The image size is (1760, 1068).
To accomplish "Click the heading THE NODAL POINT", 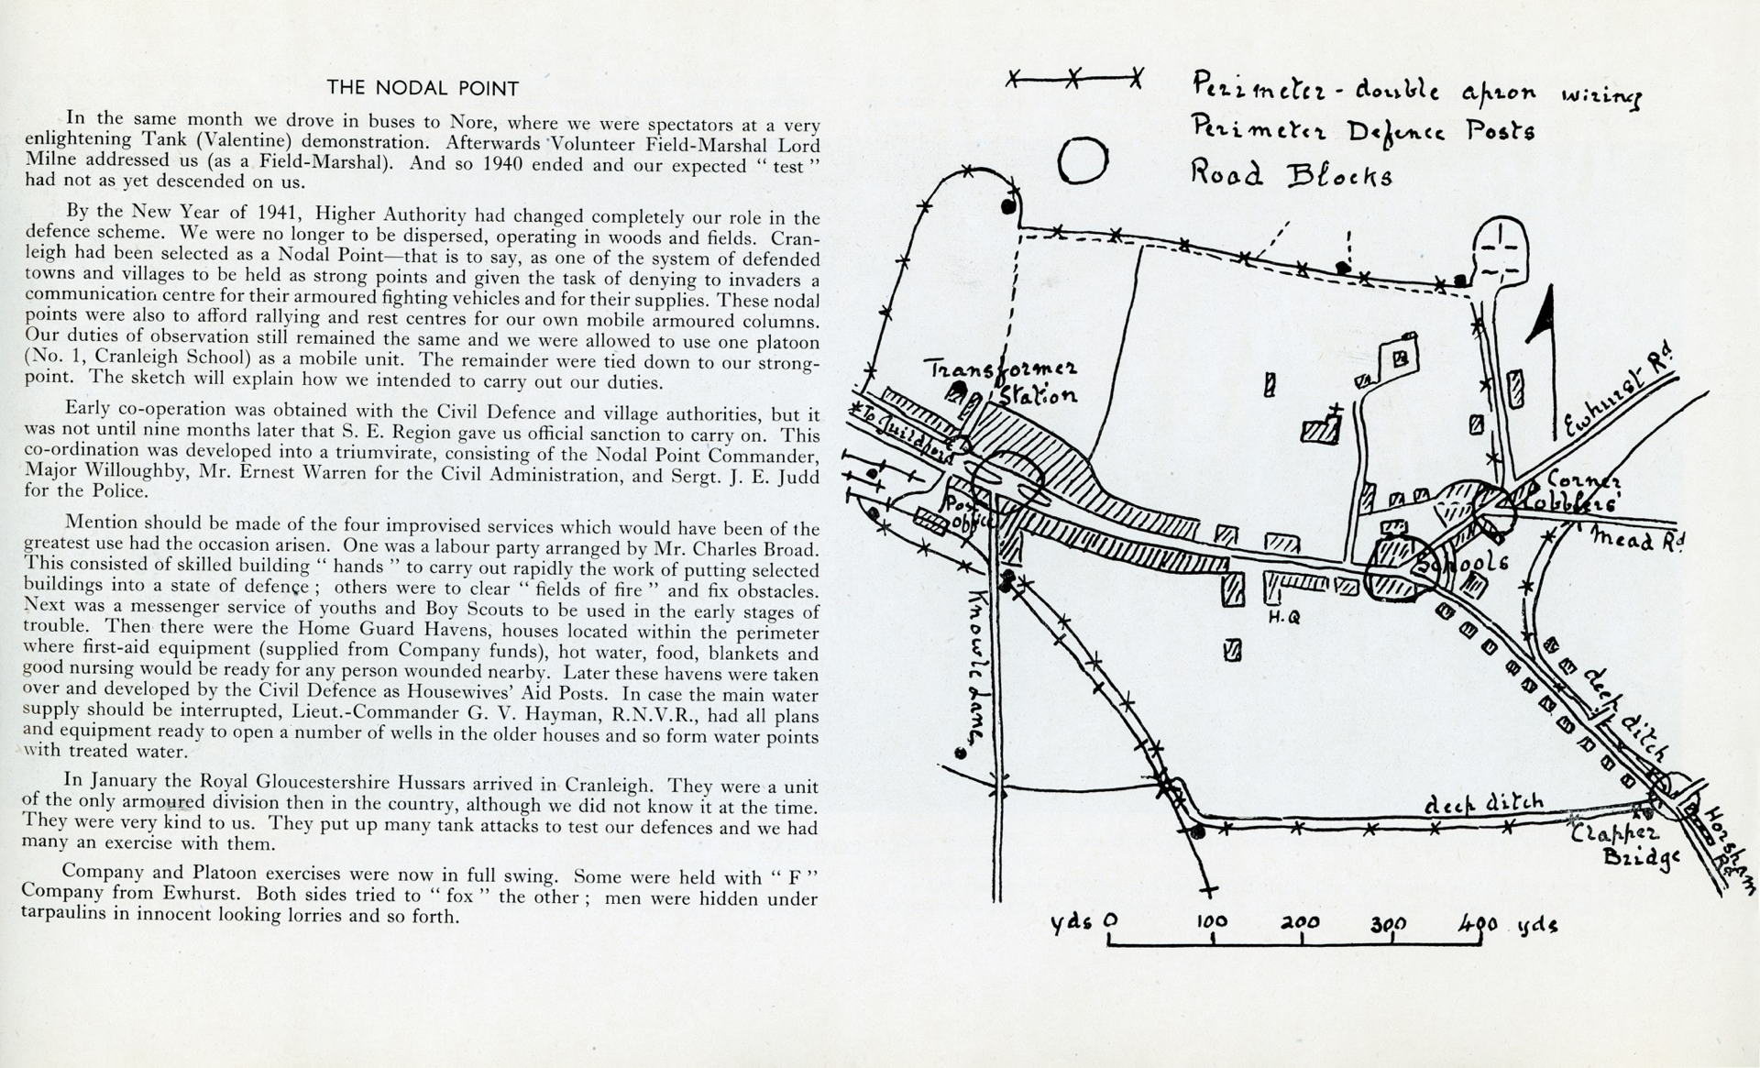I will pos(423,88).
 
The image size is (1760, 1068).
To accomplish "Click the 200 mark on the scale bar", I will pos(1299,922).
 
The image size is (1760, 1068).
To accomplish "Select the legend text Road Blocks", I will pos(1291,173).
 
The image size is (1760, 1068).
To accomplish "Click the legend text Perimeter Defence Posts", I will pos(1363,130).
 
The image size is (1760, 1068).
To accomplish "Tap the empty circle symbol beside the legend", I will pos(1084,160).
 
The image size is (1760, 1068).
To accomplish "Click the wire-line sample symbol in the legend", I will pos(1072,80).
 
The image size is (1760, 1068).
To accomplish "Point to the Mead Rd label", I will pos(1637,538).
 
